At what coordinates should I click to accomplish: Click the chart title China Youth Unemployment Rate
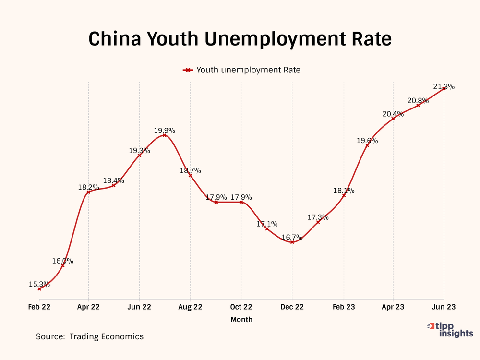pos(240,39)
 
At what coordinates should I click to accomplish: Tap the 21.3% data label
pos(444,87)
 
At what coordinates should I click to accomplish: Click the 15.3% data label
pos(39,284)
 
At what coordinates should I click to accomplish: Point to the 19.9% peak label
pos(164,130)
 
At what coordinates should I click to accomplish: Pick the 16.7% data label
pos(292,237)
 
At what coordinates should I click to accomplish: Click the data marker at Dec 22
pos(292,242)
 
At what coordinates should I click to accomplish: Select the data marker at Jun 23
pos(444,89)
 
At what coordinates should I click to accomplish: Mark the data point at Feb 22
pos(39,289)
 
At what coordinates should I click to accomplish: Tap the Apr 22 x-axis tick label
pos(88,307)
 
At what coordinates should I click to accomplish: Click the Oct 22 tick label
pos(241,307)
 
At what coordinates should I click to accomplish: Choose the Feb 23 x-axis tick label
pos(344,307)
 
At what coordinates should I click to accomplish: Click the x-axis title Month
pos(241,319)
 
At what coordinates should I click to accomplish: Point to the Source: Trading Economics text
pos(90,336)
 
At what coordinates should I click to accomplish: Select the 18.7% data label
pos(190,170)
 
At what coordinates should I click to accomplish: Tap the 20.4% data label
pos(393,114)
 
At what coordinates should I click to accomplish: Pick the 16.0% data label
pos(63,261)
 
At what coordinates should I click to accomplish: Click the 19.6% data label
pos(367,141)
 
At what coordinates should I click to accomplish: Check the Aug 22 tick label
pos(190,307)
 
